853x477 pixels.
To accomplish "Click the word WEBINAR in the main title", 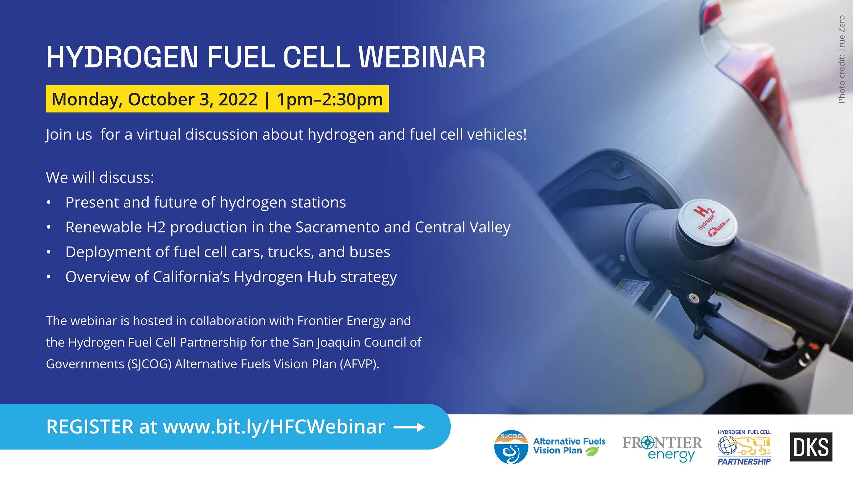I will (422, 57).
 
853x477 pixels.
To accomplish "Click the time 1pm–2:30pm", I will (330, 99).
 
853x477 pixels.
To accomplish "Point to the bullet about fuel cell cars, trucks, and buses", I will (227, 252).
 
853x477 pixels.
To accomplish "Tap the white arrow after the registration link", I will (409, 427).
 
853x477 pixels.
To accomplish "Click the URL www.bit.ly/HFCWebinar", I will (274, 427).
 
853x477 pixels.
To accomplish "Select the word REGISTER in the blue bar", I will (90, 427).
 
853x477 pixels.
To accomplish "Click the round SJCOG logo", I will (511, 447).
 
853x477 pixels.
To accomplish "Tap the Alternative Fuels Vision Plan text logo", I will (569, 446).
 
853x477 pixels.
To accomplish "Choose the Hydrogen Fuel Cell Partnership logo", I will (744, 447).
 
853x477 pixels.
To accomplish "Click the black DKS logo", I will (811, 447).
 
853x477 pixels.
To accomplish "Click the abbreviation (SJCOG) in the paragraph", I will (149, 364).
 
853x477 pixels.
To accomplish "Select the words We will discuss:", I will (100, 178).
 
